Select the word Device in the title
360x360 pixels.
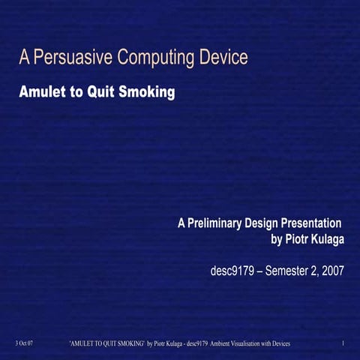point(223,57)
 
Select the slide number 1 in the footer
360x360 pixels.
point(342,343)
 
